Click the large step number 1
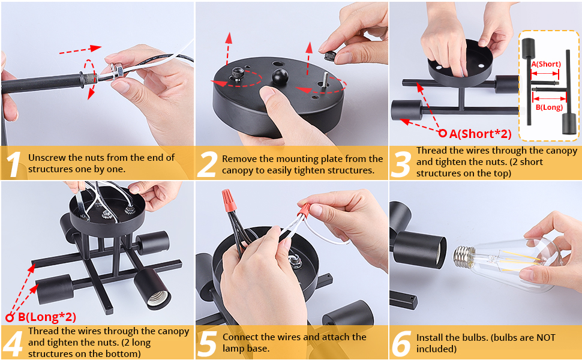tap(14, 164)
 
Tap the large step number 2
tap(206, 164)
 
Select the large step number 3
tap(401, 164)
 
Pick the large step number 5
tap(207, 344)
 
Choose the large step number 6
tap(401, 344)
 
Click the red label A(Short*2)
tap(480, 134)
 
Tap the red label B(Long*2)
tap(47, 317)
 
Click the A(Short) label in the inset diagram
tap(545, 64)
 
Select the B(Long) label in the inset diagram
tap(549, 107)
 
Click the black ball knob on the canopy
tap(280, 76)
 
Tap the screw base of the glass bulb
tap(463, 256)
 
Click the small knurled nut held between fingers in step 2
tap(331, 56)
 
